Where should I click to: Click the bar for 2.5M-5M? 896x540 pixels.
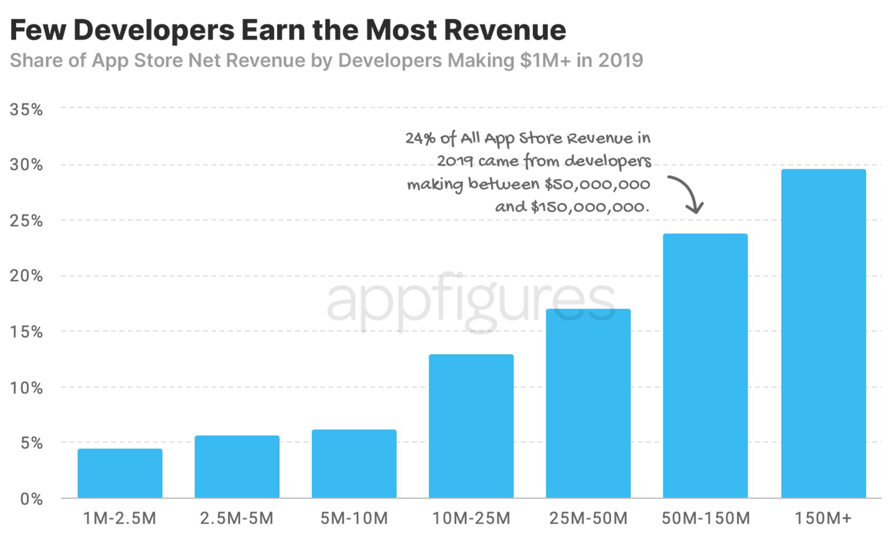tap(237, 466)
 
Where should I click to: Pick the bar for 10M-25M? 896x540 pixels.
tap(471, 426)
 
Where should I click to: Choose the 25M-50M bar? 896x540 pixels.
tap(588, 403)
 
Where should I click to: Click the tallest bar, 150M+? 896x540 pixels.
tap(823, 333)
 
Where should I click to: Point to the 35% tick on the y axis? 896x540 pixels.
tap(27, 110)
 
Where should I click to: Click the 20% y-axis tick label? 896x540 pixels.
tap(27, 276)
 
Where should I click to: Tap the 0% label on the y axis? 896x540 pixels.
tap(32, 499)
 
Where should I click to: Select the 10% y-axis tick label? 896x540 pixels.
tap(27, 387)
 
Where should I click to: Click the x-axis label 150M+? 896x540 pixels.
tap(823, 518)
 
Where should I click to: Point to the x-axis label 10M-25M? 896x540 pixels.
tap(471, 518)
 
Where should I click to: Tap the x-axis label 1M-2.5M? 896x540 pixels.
tap(120, 518)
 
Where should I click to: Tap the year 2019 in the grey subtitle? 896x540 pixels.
tap(621, 61)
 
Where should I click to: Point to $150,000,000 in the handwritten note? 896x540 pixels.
tap(590, 207)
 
